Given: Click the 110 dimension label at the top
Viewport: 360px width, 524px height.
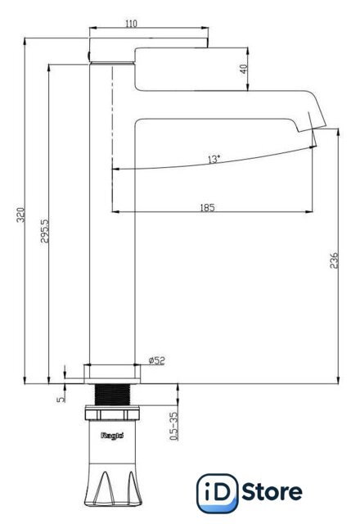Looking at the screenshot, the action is (131, 24).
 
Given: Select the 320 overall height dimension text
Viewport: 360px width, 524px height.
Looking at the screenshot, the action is (21, 215).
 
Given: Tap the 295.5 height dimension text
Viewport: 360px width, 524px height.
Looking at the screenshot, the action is (45, 231).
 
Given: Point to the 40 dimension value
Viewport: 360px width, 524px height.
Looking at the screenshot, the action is (244, 69).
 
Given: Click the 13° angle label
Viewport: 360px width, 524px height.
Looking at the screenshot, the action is (214, 159).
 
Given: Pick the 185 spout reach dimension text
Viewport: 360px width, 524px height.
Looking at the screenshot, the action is (207, 207).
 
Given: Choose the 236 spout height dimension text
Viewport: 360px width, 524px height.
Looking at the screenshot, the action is (334, 260).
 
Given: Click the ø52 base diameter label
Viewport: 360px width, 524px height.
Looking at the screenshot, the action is (156, 360).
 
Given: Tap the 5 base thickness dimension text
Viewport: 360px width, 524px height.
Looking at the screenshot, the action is (61, 399).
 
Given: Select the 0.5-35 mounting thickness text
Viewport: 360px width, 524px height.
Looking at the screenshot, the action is (174, 426).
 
